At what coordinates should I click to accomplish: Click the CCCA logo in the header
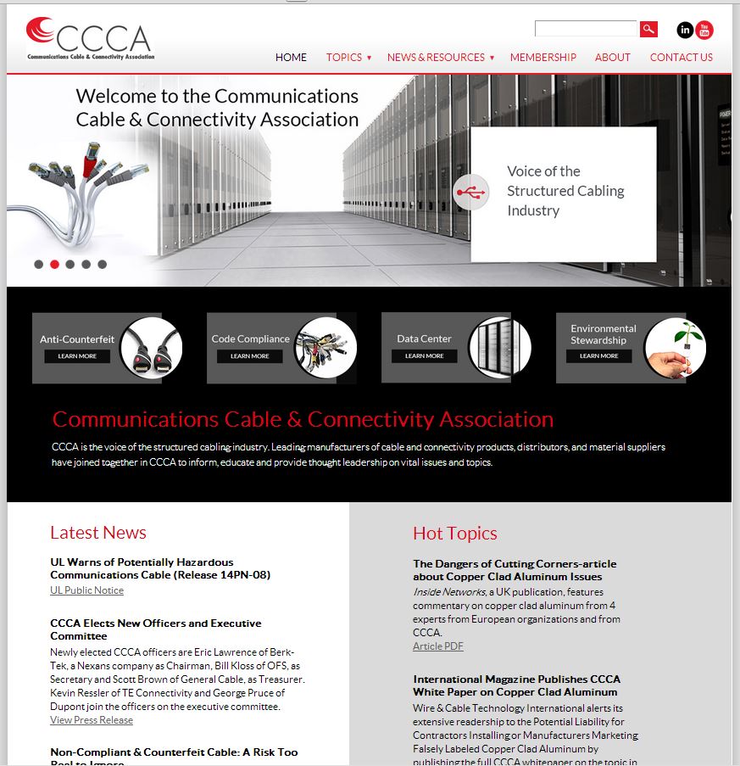(x=90, y=39)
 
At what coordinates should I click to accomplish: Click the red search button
(x=648, y=30)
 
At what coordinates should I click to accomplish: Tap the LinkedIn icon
(x=685, y=31)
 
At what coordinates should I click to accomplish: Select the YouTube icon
(x=704, y=31)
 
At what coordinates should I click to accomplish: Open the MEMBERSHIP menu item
(x=542, y=58)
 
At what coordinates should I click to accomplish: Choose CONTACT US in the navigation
(x=681, y=58)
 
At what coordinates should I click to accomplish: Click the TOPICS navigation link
(x=344, y=58)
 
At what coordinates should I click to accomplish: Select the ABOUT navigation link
(x=612, y=58)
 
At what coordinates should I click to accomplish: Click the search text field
(x=585, y=29)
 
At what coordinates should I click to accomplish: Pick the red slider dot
(x=54, y=265)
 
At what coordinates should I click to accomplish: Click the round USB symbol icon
(x=471, y=192)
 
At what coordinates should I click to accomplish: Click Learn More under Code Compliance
(x=250, y=356)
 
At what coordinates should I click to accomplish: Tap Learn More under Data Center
(x=424, y=356)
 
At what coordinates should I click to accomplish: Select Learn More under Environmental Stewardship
(x=598, y=356)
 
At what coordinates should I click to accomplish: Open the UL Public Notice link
(x=86, y=590)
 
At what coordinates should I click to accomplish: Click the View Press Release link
(x=92, y=720)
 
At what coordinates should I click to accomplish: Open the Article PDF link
(x=438, y=646)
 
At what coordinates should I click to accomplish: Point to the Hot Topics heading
(x=455, y=534)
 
